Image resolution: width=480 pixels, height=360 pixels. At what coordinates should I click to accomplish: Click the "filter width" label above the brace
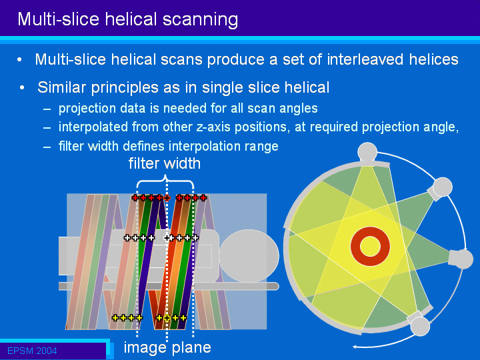point(165,163)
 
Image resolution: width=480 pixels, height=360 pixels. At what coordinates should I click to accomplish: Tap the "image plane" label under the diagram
point(167,347)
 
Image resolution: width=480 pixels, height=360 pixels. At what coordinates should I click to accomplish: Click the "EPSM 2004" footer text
point(32,351)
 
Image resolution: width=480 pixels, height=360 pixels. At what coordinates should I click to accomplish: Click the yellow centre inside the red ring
point(370,247)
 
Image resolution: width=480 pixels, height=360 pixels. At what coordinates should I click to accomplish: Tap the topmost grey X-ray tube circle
point(367,152)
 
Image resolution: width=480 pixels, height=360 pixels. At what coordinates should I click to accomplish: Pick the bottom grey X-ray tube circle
point(420,326)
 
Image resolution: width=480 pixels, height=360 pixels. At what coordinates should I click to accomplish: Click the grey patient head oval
point(249,256)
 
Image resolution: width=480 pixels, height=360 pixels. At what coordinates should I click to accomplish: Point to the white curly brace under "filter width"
point(165,181)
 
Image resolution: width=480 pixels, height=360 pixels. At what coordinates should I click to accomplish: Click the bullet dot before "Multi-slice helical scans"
point(19,60)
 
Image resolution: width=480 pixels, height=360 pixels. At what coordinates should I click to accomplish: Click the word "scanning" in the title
point(200,20)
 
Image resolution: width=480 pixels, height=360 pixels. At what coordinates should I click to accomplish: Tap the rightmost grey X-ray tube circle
point(463,259)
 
